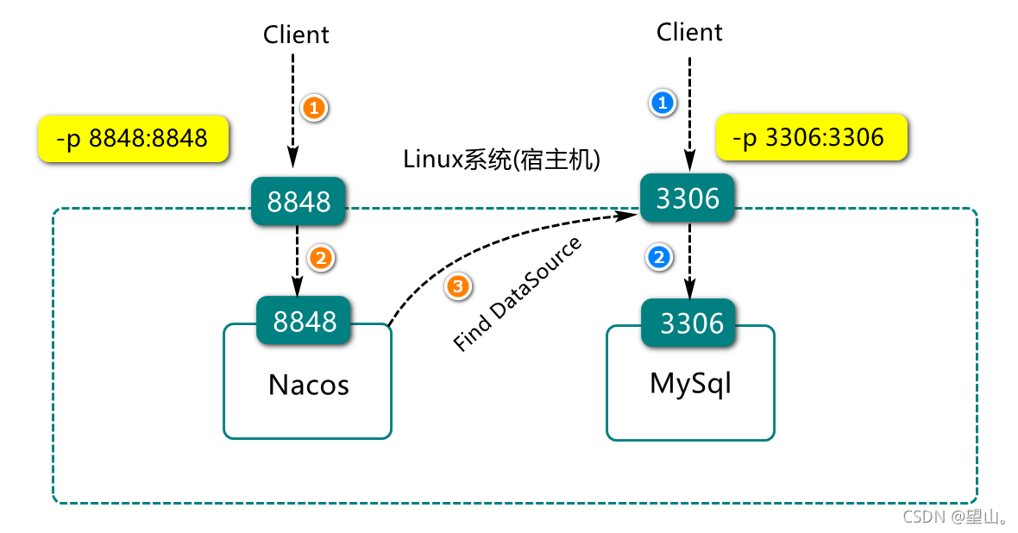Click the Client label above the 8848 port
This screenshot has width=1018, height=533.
tap(296, 34)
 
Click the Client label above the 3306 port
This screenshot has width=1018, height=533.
tap(689, 32)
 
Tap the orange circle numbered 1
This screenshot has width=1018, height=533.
tap(314, 108)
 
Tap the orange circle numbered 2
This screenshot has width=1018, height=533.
tap(321, 259)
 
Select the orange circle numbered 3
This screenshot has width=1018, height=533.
tap(458, 286)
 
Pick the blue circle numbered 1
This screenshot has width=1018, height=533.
tap(663, 103)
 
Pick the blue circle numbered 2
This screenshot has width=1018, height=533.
tap(659, 257)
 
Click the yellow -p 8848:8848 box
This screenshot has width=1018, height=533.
tap(133, 138)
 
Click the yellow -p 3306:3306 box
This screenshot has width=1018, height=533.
tap(812, 137)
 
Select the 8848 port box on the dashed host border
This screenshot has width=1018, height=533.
tap(298, 201)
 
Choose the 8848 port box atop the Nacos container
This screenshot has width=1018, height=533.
tap(304, 321)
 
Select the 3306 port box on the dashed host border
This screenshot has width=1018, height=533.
tap(688, 198)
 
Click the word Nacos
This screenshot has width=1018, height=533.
tap(308, 385)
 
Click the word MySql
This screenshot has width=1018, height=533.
tap(691, 384)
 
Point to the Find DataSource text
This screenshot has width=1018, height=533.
tap(517, 294)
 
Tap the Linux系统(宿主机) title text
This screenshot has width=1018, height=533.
tap(501, 159)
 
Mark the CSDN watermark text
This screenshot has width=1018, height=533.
tap(954, 517)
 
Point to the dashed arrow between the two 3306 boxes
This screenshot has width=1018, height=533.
tap(689, 260)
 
